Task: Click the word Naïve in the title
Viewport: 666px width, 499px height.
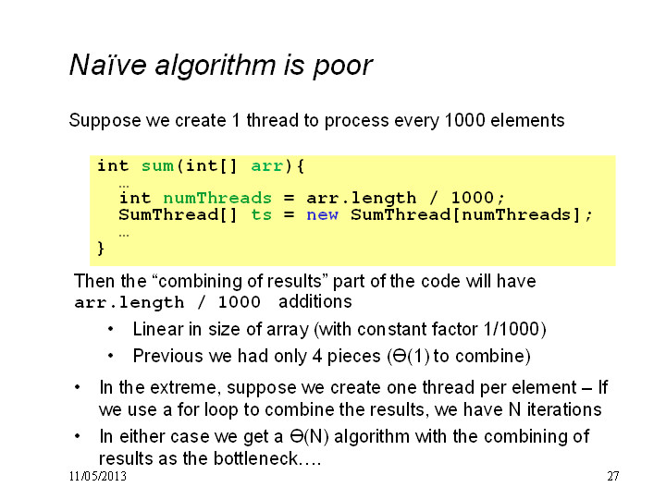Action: (x=108, y=65)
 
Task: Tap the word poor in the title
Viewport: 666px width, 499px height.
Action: (x=343, y=67)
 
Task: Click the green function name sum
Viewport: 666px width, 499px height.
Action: (x=157, y=166)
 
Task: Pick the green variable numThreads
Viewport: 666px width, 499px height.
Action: (x=217, y=198)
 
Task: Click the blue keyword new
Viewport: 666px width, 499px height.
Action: (x=323, y=214)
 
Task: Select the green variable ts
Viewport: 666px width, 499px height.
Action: (x=261, y=214)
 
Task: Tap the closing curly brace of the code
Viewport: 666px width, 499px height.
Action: (x=101, y=248)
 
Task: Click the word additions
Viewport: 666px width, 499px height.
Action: (x=315, y=301)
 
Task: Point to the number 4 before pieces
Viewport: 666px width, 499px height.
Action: (x=317, y=356)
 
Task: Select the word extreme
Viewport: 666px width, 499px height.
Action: (x=185, y=388)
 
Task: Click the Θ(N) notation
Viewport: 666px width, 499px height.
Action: (x=309, y=436)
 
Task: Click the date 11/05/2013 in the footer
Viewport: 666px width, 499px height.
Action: (x=98, y=477)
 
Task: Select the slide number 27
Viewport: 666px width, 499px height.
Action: (x=613, y=477)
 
